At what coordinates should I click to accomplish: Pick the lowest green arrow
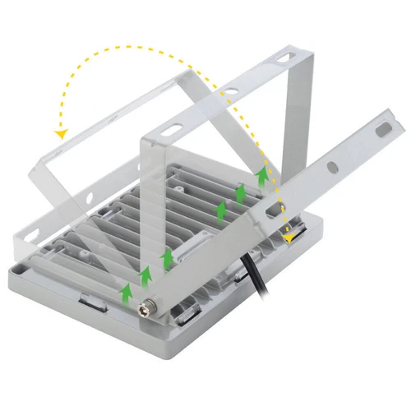click(x=126, y=291)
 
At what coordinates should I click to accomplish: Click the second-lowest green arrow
click(x=146, y=273)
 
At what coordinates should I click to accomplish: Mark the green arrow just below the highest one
click(x=242, y=194)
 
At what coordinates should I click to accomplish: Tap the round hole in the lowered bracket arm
click(x=332, y=166)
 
